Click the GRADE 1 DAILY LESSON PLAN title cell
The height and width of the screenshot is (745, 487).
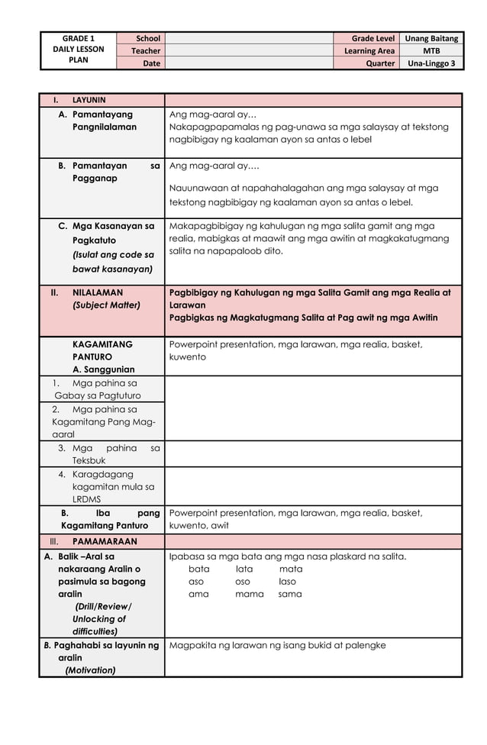click(x=79, y=50)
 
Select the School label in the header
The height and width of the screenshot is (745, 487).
click(x=148, y=38)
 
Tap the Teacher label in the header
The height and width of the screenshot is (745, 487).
click(x=145, y=51)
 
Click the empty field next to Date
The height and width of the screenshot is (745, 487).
click(x=248, y=63)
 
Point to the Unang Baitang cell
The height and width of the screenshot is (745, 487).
click(x=431, y=38)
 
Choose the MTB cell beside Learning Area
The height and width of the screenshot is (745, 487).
click(x=431, y=51)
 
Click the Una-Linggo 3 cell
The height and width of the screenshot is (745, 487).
click(x=431, y=63)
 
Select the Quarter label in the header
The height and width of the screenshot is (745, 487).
click(x=380, y=63)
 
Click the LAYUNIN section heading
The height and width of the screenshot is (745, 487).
click(x=89, y=100)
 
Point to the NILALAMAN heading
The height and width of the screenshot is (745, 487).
click(x=97, y=292)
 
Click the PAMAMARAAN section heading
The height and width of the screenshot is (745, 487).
click(x=105, y=541)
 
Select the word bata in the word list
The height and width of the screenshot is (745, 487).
click(x=198, y=569)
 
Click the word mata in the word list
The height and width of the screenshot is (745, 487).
click(x=290, y=569)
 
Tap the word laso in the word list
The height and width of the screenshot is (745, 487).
click(x=287, y=582)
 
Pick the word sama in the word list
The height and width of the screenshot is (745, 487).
click(x=289, y=594)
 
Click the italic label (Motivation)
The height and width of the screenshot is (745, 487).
click(x=90, y=670)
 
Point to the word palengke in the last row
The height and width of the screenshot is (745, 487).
click(x=364, y=645)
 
